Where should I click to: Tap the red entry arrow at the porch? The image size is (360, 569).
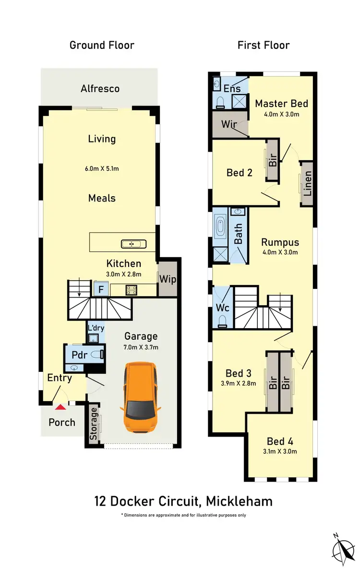(60, 407)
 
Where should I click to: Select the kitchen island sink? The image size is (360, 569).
(134, 244)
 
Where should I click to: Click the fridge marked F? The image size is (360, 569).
(101, 289)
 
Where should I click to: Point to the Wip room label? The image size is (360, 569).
(168, 278)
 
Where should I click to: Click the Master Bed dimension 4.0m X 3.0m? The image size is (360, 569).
(282, 115)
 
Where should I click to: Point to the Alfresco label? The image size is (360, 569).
(100, 89)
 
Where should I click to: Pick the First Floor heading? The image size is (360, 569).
(264, 46)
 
